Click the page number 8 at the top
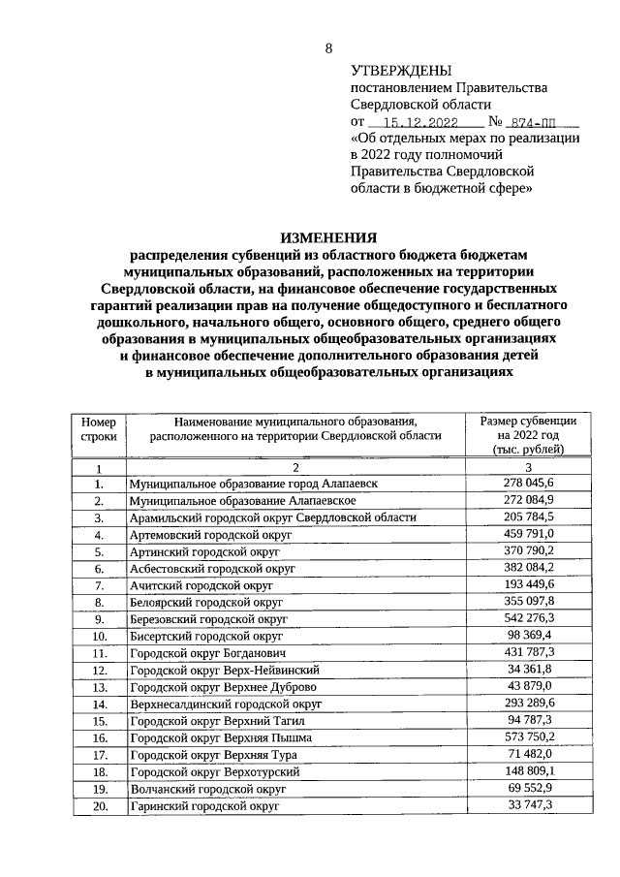pyautogui.click(x=328, y=48)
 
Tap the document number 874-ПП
pyautogui.click(x=541, y=123)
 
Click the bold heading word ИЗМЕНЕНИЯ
pyautogui.click(x=328, y=237)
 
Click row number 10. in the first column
pyautogui.click(x=98, y=637)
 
